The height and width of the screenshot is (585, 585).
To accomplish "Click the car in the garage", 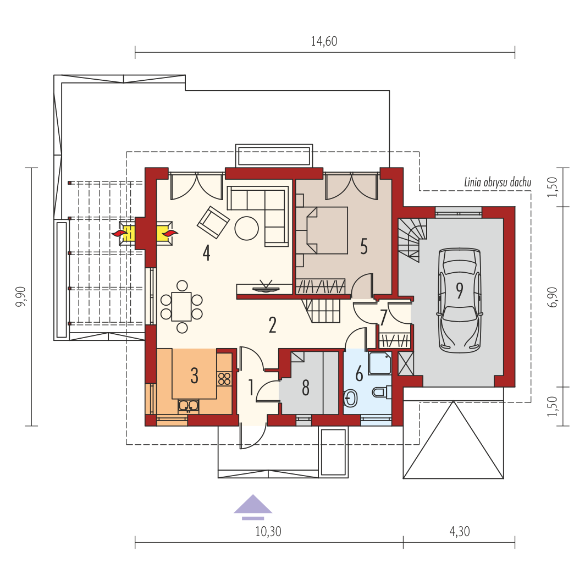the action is point(459,300).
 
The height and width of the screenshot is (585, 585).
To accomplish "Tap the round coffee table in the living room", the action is point(247,228).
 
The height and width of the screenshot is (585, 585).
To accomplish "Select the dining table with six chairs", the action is point(181,307).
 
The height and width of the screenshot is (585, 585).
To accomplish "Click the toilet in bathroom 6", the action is point(382,392).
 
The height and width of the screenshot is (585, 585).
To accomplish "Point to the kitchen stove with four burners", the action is point(224,378).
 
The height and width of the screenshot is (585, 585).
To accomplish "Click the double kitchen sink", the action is point(189,406).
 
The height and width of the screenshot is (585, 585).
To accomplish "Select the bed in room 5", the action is point(322,230).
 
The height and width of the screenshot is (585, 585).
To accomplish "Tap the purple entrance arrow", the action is point(253,507).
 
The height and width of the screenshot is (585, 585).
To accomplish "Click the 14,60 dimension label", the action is point(324,41).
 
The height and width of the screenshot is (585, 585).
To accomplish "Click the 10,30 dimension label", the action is point(268,531).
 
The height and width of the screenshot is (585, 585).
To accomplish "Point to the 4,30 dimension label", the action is point(460,531).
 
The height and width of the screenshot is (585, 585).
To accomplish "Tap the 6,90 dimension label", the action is point(553,297).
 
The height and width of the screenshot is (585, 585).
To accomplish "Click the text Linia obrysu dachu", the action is point(498,183).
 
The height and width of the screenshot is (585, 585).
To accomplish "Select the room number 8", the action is point(306,388).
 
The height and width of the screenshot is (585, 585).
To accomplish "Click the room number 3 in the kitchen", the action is point(195,376).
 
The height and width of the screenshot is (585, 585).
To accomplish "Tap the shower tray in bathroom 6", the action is point(380,363).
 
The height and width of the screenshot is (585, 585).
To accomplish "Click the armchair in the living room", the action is point(213,222).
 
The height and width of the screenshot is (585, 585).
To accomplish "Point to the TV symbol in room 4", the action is point(266,287).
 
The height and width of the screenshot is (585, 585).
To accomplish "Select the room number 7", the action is point(384,318).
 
